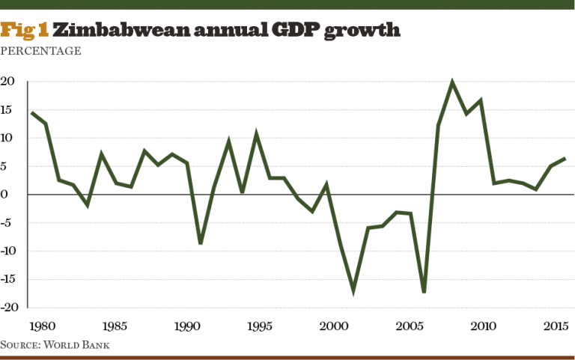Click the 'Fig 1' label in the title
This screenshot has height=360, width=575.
point(25,31)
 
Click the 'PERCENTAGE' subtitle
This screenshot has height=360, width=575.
point(41,51)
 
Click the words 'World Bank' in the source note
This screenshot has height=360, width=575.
point(88,344)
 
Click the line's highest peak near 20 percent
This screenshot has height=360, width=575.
point(452,82)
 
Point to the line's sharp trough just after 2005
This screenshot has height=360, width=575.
point(424,291)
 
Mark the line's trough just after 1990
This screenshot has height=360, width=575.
point(201,243)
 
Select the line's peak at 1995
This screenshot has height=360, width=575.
point(256,134)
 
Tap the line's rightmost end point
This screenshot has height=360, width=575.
point(565,158)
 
